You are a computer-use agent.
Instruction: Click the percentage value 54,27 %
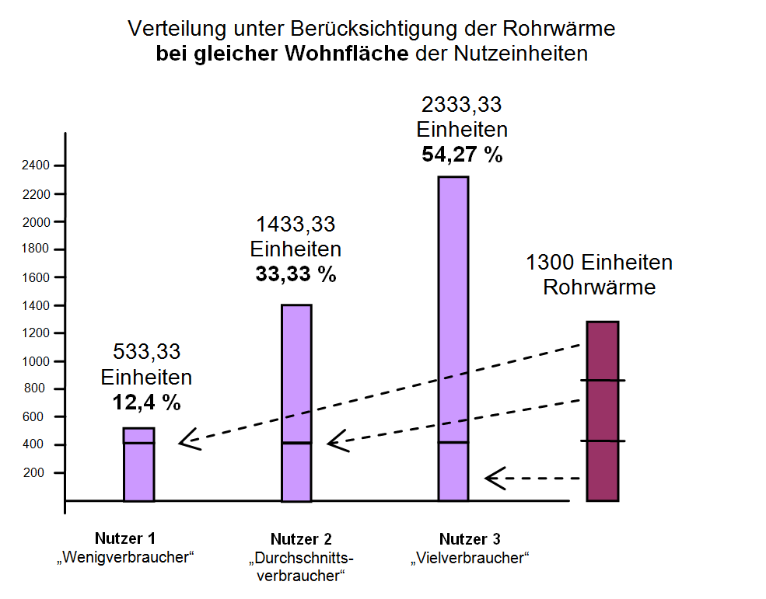pyautogui.click(x=462, y=154)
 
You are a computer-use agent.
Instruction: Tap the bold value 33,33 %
pyautogui.click(x=296, y=274)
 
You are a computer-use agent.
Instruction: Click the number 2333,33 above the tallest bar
pyautogui.click(x=462, y=103)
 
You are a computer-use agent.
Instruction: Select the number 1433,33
pyautogui.click(x=296, y=225)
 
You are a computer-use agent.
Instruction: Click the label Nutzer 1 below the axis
pyautogui.click(x=125, y=538)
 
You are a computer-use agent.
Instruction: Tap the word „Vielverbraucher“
pyautogui.click(x=470, y=557)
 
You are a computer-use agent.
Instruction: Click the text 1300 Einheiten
pyautogui.click(x=599, y=263)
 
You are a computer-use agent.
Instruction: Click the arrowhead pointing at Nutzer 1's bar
pyautogui.click(x=187, y=443)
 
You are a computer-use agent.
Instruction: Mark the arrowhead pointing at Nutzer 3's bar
pyautogui.click(x=493, y=478)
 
